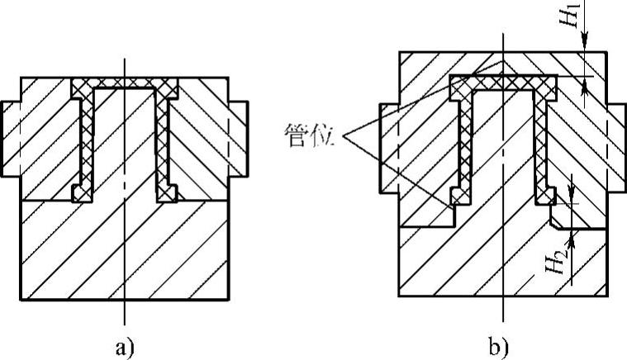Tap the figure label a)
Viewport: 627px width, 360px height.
(x=123, y=346)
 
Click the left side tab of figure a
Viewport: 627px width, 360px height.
(x=11, y=138)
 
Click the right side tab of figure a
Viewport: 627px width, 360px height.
(x=238, y=138)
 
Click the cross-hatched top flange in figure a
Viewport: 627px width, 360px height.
(x=124, y=85)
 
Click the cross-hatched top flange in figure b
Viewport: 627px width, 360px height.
(x=503, y=82)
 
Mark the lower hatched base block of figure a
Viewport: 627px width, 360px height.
(x=124, y=252)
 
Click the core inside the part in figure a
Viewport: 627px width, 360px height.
(x=124, y=140)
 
